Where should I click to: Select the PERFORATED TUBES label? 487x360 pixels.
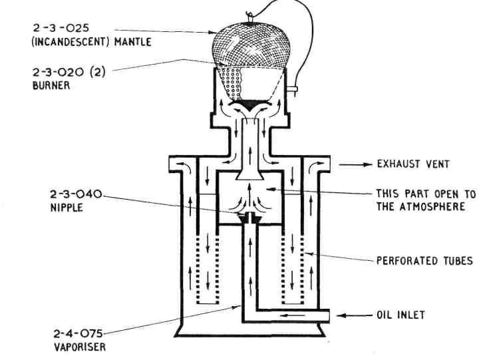(x=425, y=261)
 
